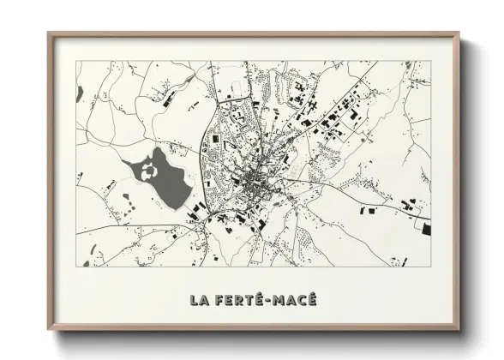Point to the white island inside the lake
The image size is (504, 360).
(x=152, y=171)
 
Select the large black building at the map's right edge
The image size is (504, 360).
(x=426, y=228)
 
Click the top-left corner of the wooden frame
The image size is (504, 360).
(x=49, y=33)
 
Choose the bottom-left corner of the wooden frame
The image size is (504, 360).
(x=49, y=330)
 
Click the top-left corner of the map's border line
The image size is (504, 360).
(x=76, y=60)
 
